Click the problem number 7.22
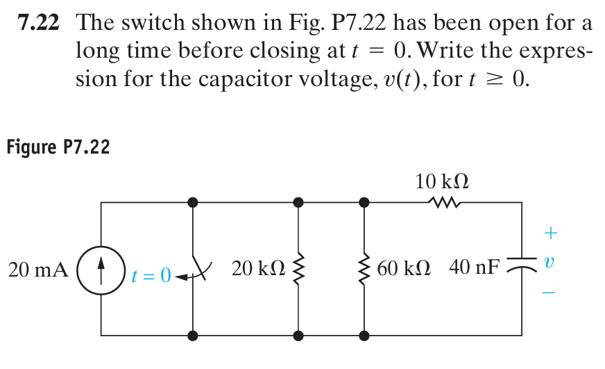pyautogui.click(x=38, y=23)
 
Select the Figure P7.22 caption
pyautogui.click(x=58, y=147)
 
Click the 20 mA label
pyautogui.click(x=37, y=270)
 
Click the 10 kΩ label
pyautogui.click(x=442, y=182)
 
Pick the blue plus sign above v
pyautogui.click(x=550, y=229)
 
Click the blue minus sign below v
pyautogui.click(x=549, y=293)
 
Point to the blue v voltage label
pyautogui.click(x=549, y=265)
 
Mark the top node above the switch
pyautogui.click(x=193, y=202)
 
